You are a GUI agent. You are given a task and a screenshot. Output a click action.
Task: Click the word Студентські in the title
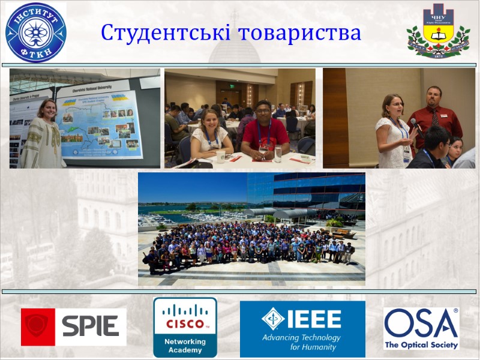(x=166, y=32)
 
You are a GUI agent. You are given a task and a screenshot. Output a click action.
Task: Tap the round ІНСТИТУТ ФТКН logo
(x=35, y=32)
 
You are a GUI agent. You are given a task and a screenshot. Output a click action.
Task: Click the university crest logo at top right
(x=438, y=31)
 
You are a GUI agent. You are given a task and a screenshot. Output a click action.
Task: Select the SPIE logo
(x=74, y=327)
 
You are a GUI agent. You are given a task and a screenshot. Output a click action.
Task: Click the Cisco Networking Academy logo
(x=185, y=328)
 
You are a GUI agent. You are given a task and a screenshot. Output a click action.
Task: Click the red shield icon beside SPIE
(x=38, y=327)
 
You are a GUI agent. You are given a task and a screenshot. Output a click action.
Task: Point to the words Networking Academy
(x=185, y=346)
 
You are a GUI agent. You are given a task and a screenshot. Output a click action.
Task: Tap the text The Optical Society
(x=421, y=345)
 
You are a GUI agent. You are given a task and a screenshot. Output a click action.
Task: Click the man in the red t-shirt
(x=265, y=132)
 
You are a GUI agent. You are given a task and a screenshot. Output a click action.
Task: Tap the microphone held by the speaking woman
(x=413, y=124)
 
